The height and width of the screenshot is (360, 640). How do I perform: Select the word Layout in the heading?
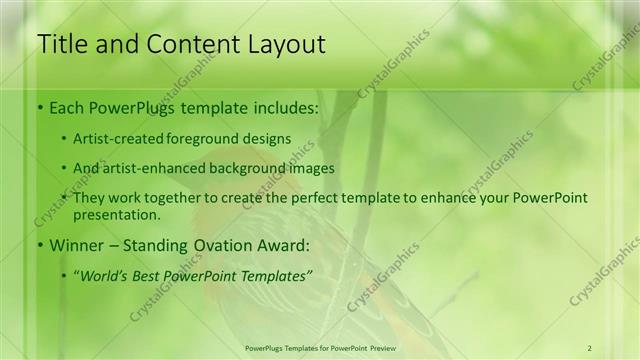[286, 45]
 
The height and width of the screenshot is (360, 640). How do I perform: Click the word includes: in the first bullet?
[283, 107]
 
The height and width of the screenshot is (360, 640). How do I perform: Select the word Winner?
[74, 245]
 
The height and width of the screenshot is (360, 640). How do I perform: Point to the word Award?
[282, 245]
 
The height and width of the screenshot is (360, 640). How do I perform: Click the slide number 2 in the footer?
[590, 348]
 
